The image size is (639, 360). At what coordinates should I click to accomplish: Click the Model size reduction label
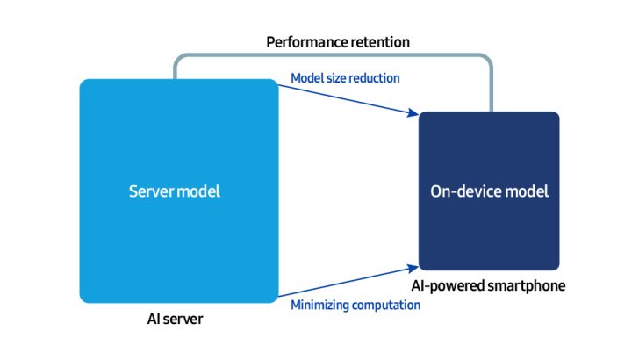[345, 78]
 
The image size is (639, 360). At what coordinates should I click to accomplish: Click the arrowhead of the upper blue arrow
[413, 113]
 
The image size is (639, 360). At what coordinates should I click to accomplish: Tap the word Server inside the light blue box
[151, 191]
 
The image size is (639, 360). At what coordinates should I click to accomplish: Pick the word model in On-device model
[529, 191]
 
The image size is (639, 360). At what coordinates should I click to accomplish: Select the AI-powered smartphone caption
[488, 286]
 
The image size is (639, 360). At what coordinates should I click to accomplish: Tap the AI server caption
[176, 319]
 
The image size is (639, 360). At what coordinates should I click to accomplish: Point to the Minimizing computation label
[355, 305]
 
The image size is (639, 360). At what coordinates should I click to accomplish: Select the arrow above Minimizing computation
[347, 281]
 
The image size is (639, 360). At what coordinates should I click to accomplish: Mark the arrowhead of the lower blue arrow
[413, 266]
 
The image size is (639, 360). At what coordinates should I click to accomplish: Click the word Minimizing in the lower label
[319, 305]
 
